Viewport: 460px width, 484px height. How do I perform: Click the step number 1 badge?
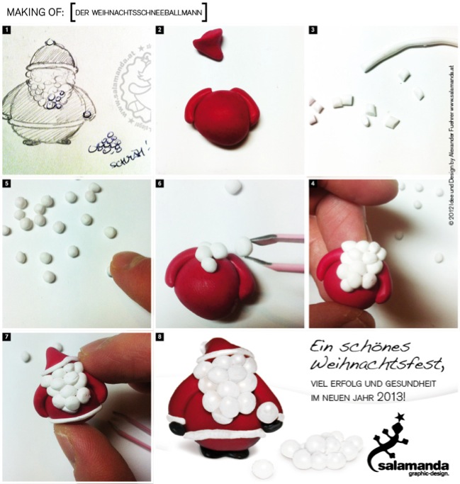[x=6, y=30]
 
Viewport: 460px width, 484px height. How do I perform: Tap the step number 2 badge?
[x=160, y=30]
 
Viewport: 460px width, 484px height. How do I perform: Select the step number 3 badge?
[x=313, y=30]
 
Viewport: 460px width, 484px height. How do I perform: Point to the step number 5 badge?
[x=6, y=184]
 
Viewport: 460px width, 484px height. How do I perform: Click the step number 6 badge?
[x=160, y=184]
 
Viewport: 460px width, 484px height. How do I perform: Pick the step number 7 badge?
[x=6, y=337]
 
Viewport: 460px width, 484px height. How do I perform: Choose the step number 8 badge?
[x=160, y=337]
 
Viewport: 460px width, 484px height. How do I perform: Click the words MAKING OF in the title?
[x=32, y=11]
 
